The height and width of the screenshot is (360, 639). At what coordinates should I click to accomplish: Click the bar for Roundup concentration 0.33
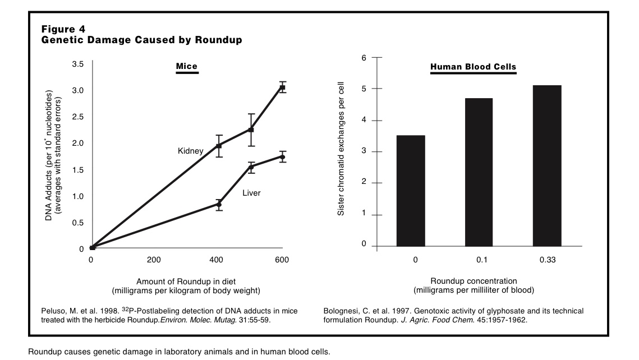pyautogui.click(x=547, y=166)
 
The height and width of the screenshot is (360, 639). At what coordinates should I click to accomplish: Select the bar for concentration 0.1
pyautogui.click(x=479, y=172)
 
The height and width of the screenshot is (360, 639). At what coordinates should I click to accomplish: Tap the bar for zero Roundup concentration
pyautogui.click(x=411, y=191)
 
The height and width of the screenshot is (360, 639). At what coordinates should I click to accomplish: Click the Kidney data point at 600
pyautogui.click(x=283, y=87)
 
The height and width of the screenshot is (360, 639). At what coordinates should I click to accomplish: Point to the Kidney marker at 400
pyautogui.click(x=219, y=146)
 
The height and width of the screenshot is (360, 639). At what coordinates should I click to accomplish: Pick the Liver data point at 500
pyautogui.click(x=251, y=167)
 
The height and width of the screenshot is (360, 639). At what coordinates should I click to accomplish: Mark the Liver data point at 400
pyautogui.click(x=219, y=205)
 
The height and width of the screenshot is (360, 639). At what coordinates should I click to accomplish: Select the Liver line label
pyautogui.click(x=251, y=193)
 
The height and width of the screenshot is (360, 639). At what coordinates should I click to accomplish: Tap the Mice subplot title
pyautogui.click(x=187, y=67)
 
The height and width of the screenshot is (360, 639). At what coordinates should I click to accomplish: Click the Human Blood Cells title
pyautogui.click(x=473, y=67)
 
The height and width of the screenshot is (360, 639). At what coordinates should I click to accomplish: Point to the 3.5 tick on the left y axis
pyautogui.click(x=78, y=64)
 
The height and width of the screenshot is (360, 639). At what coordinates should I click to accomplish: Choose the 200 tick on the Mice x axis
pyautogui.click(x=154, y=260)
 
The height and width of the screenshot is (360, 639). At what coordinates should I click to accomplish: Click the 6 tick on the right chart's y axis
pyautogui.click(x=364, y=58)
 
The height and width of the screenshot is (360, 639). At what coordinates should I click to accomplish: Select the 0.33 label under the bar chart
pyautogui.click(x=547, y=260)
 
